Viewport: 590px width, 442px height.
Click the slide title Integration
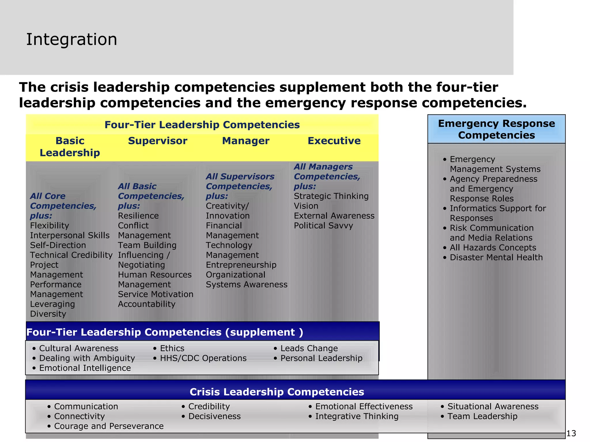click(x=71, y=39)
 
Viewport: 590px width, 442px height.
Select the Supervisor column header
click(x=158, y=141)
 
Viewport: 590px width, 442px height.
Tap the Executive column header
click(x=334, y=141)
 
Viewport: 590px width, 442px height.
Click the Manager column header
click(x=246, y=141)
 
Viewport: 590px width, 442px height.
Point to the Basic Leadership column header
click(x=70, y=147)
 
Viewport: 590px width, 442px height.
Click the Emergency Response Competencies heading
click(x=496, y=129)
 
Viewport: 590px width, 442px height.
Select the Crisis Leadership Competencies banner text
click(x=277, y=392)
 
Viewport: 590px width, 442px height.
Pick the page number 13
click(x=571, y=433)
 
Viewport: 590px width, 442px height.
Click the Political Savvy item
click(x=323, y=226)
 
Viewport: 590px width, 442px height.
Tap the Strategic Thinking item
click(x=331, y=196)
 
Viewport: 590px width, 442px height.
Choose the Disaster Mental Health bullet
click(x=496, y=258)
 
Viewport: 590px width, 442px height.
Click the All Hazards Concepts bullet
click(x=493, y=248)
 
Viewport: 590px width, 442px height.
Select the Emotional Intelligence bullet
click(x=85, y=368)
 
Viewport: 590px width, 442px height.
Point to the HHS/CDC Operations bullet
click(x=203, y=358)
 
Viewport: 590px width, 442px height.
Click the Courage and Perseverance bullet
click(x=109, y=426)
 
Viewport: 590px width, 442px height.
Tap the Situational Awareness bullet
click(x=493, y=407)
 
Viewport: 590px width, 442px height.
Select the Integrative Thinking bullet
click(x=357, y=416)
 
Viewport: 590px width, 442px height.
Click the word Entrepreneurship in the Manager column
click(x=241, y=265)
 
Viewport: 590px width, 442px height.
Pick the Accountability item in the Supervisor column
click(x=147, y=304)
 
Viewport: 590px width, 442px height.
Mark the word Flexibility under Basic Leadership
click(x=50, y=226)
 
